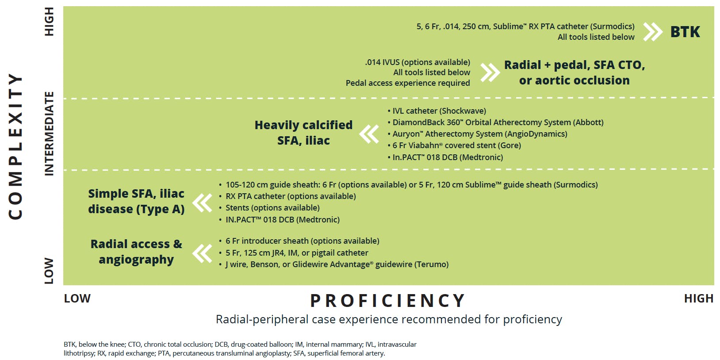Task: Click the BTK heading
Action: click(685, 32)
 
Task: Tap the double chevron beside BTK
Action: click(653, 31)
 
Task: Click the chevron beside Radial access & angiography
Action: click(202, 253)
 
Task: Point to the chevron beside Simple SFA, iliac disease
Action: click(202, 203)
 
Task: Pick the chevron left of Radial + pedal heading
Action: click(490, 73)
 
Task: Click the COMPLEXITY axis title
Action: click(15, 146)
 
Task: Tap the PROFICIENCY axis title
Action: click(388, 301)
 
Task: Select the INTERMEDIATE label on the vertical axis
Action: click(49, 134)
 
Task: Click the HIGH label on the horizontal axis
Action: click(699, 299)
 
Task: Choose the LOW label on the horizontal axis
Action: click(77, 299)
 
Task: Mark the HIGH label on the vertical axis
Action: click(49, 22)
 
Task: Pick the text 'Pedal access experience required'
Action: click(408, 83)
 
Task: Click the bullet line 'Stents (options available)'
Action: click(272, 208)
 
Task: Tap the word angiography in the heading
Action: click(136, 260)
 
